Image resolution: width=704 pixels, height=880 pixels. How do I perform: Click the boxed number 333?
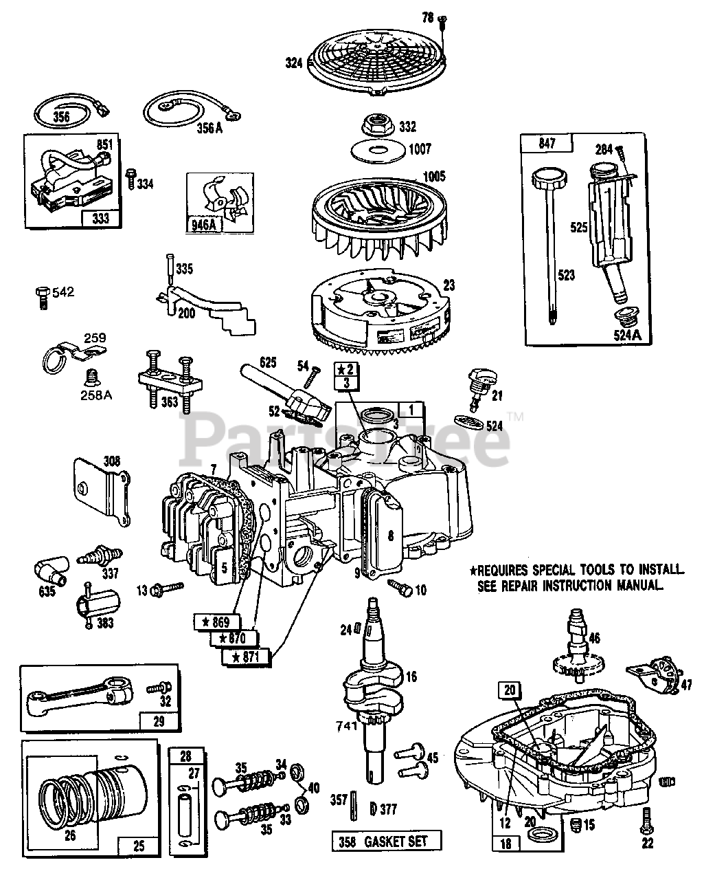click(100, 219)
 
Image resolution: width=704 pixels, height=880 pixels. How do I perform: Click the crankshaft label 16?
click(411, 676)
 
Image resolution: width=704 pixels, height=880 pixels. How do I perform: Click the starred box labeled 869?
click(216, 621)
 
